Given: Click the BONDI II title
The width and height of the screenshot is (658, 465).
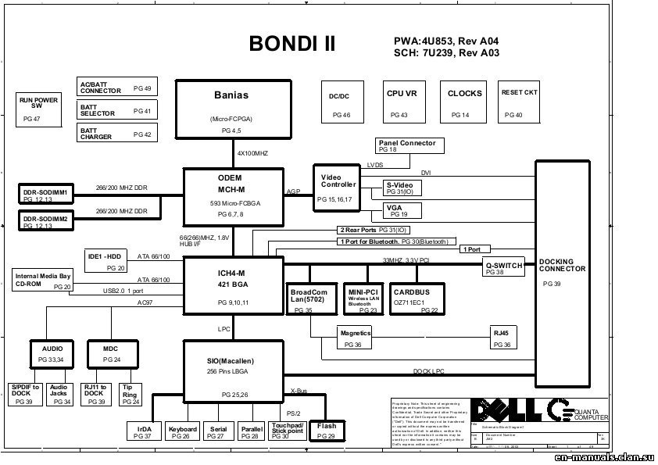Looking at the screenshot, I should pos(292,44).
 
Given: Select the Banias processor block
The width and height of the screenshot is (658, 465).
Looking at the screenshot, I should pos(231,109).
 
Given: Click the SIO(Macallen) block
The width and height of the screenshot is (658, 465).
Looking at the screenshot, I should pos(231,368).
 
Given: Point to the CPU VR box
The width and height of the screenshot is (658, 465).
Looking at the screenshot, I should pos(402,102).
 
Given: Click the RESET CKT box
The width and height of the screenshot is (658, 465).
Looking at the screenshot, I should pos(519,102).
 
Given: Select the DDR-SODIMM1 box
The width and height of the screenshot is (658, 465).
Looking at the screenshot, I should pos(45,194).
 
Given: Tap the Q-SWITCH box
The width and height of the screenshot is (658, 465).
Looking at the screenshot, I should pos(502,267).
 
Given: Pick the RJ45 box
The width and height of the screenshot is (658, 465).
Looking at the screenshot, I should pos(502,338).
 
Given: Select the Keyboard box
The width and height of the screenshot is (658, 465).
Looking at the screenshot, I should pos(182,431).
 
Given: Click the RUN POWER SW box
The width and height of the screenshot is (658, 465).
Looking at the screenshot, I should pos(38,109).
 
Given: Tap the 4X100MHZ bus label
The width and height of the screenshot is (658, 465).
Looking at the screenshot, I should pos(253,153).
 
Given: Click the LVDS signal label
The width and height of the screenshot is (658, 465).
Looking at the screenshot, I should pos(375,165).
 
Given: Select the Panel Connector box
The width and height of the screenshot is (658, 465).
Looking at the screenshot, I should pos(409,145).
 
